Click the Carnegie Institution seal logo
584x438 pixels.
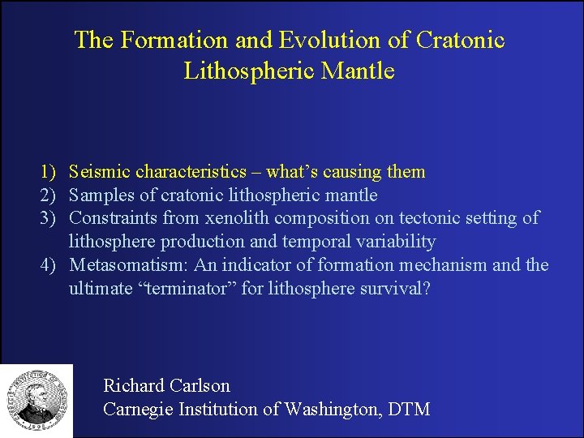[x=36, y=400]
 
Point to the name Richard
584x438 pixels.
[x=133, y=386]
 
